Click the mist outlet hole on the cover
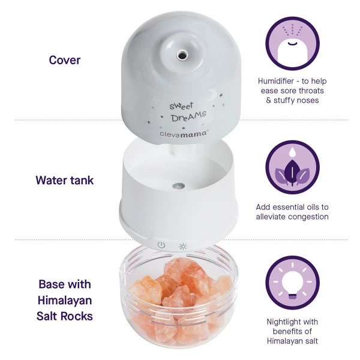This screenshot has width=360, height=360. click(179, 54)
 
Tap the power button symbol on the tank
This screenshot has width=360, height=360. click(161, 245)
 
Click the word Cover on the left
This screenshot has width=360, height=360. click(65, 60)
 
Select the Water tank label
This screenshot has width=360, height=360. click(65, 179)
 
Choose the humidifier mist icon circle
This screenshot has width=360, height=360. click(292, 42)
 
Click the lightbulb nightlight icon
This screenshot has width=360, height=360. click(292, 282)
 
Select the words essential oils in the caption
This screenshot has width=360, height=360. click(294, 206)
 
